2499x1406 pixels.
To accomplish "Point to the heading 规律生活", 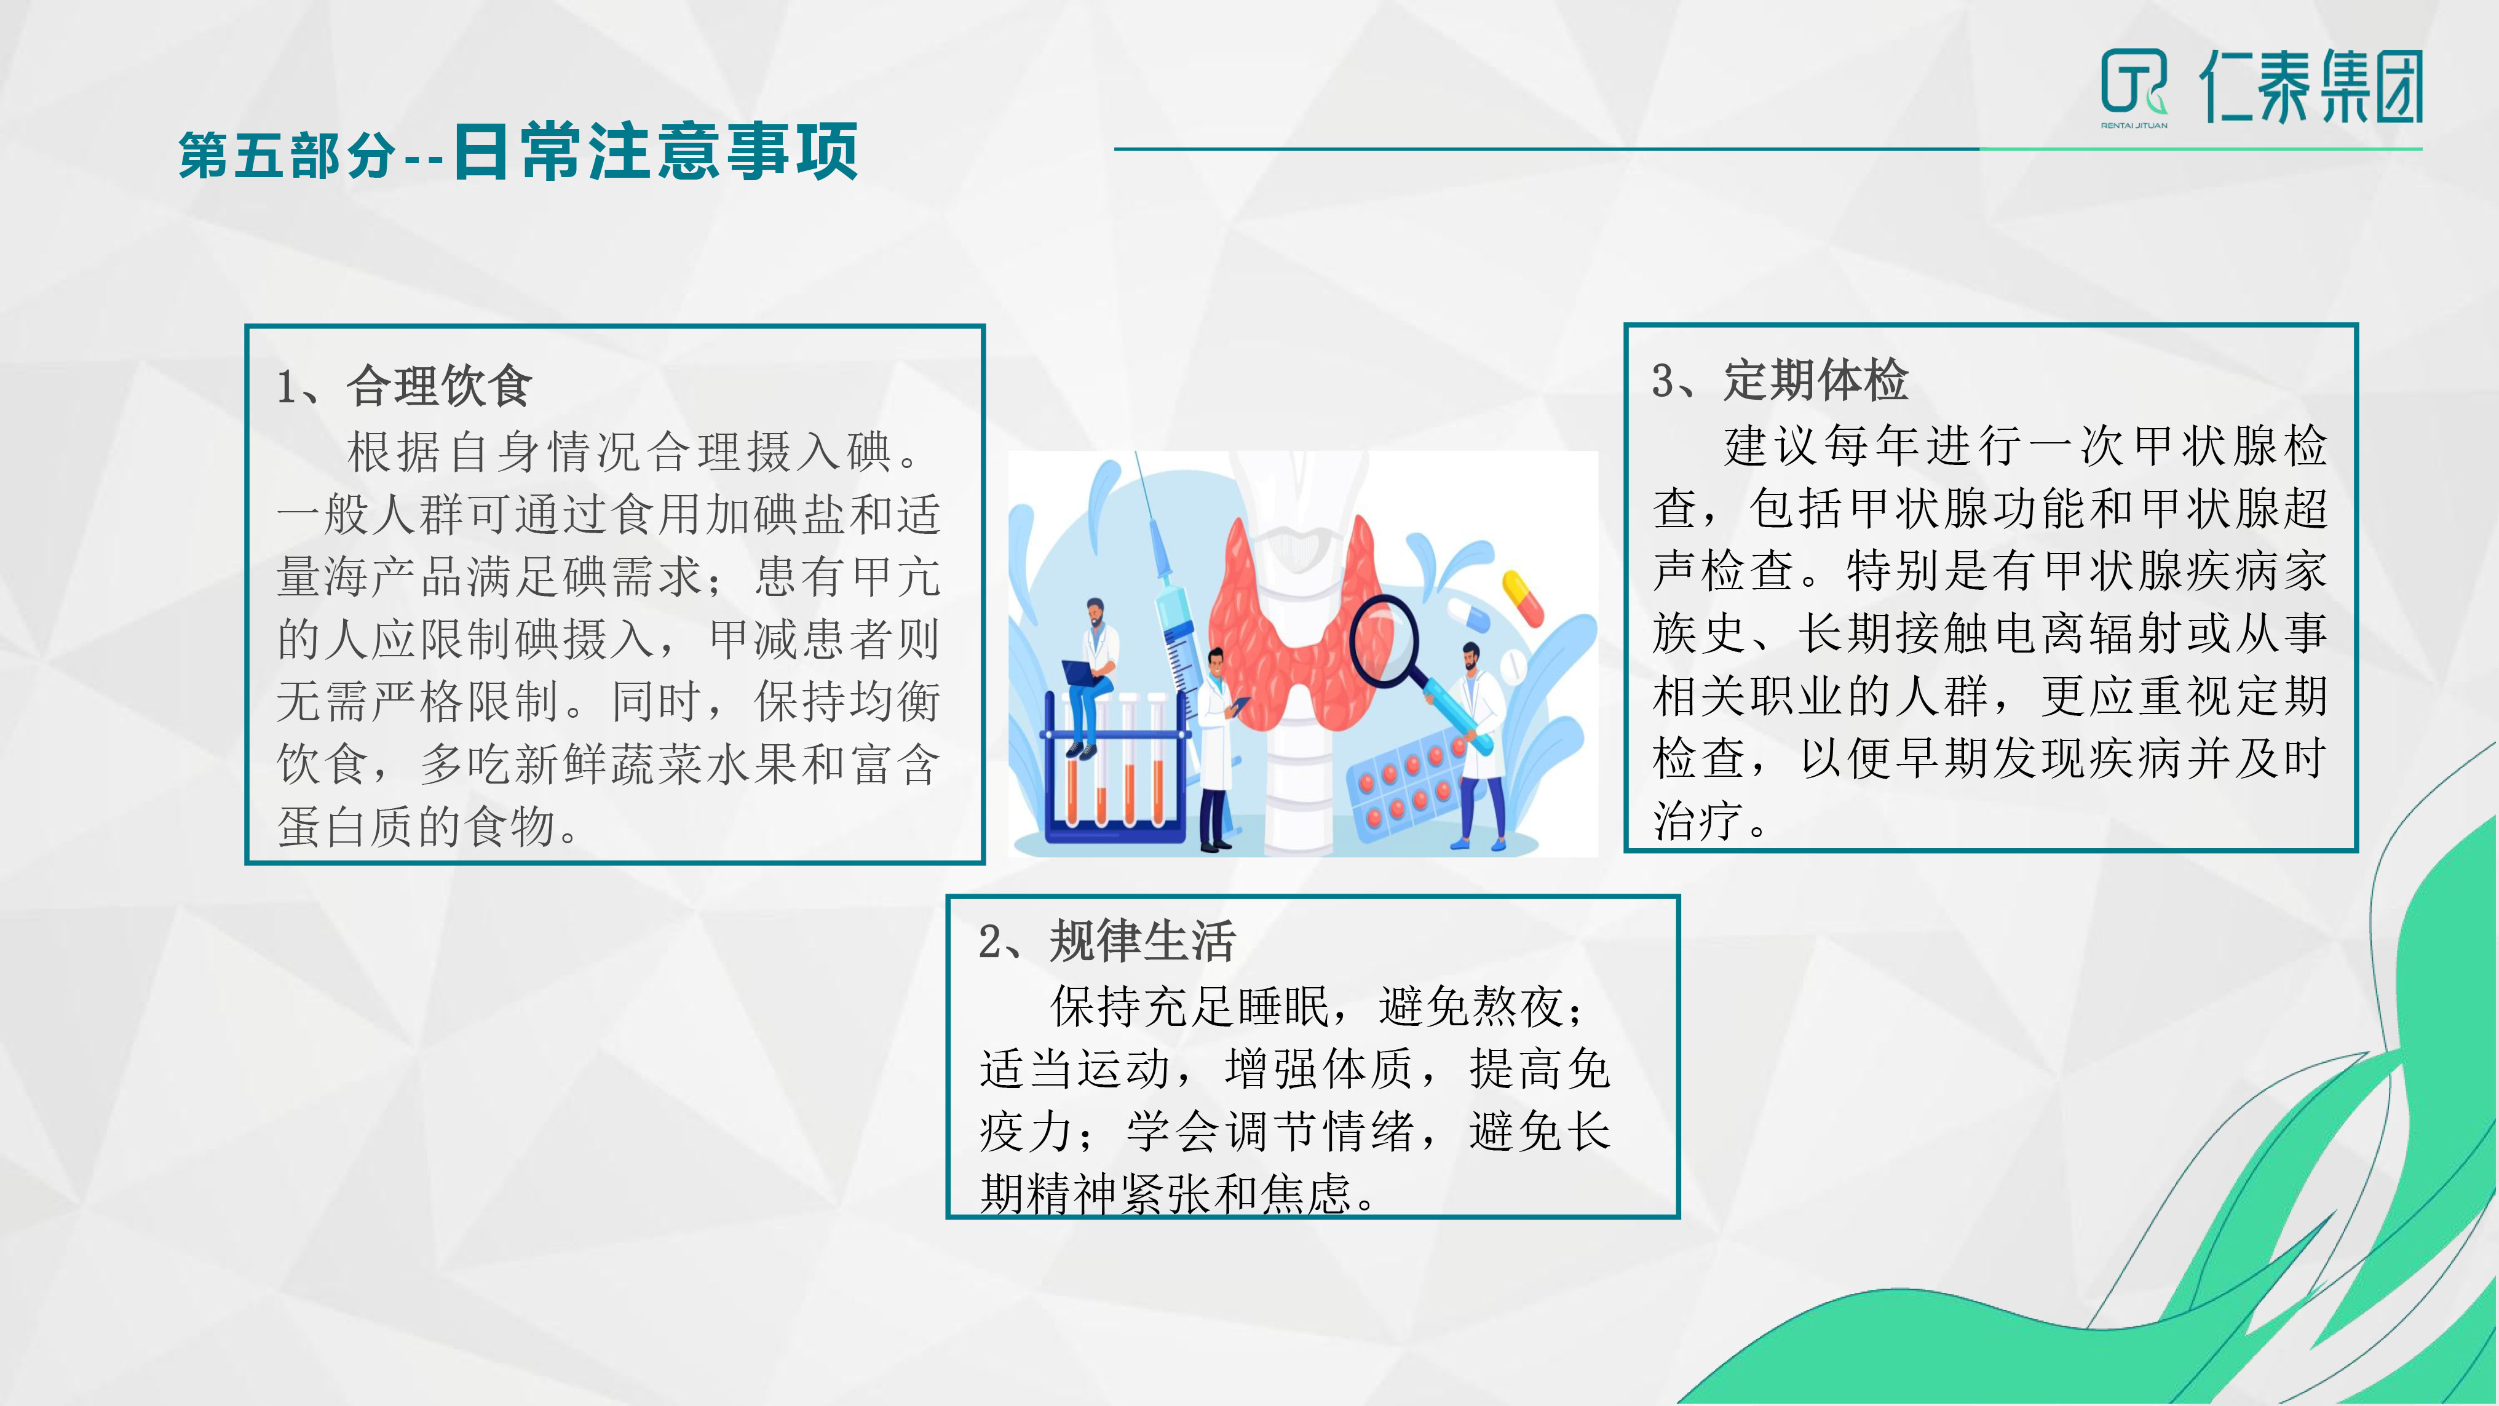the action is (1143, 940).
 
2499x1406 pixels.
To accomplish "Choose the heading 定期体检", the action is (1816, 379).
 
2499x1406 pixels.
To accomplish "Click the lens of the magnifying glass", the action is (1384, 640).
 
